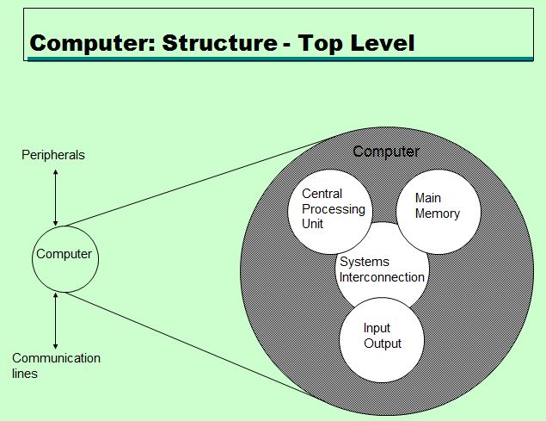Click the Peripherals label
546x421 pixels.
pyautogui.click(x=53, y=155)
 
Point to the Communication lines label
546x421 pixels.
pyautogui.click(x=56, y=366)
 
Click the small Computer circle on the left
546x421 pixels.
pyautogui.click(x=64, y=256)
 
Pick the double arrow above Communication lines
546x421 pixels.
pyautogui.click(x=56, y=319)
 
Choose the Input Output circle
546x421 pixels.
pyautogui.click(x=382, y=337)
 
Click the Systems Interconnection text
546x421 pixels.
pyautogui.click(x=382, y=269)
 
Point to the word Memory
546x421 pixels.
pyautogui.click(x=438, y=214)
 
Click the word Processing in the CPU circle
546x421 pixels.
pyautogui.click(x=334, y=209)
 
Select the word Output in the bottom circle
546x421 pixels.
pyautogui.click(x=383, y=344)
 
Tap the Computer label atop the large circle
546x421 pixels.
pyautogui.click(x=386, y=152)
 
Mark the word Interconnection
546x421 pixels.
pyautogui.click(x=382, y=277)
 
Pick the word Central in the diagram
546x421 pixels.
pyautogui.click(x=322, y=195)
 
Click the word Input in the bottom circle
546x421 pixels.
pyautogui.click(x=377, y=328)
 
